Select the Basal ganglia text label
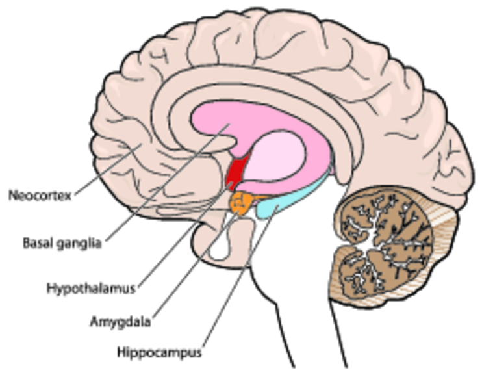[x=62, y=244]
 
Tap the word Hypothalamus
[x=91, y=288]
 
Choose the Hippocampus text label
[x=159, y=353]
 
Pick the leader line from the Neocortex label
[x=104, y=172]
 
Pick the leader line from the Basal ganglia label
[x=162, y=182]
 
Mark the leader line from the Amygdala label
[x=195, y=266]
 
